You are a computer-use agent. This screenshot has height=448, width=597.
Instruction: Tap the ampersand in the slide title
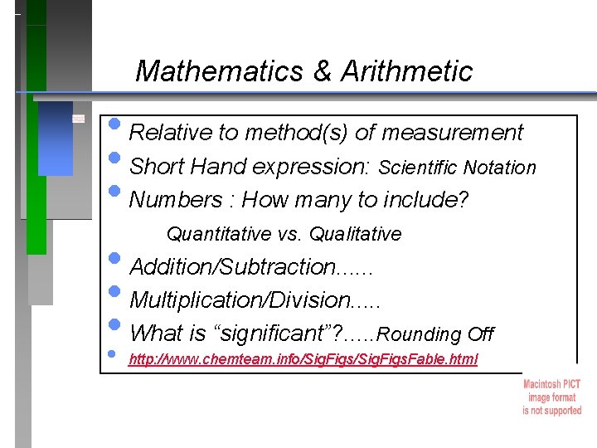pos(322,71)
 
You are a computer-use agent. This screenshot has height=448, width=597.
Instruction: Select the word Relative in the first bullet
pos(169,133)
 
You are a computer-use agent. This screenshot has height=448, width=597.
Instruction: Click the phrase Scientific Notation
pos(457,168)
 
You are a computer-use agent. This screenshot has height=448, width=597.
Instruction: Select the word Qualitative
pos(358,235)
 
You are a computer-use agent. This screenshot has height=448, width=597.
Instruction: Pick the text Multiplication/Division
pos(241,300)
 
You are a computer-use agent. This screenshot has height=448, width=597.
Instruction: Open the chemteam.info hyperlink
pos(303,360)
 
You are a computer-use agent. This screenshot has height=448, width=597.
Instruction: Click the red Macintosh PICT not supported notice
pos(551,397)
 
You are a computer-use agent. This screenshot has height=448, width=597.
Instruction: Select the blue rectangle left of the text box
pos(56,138)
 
